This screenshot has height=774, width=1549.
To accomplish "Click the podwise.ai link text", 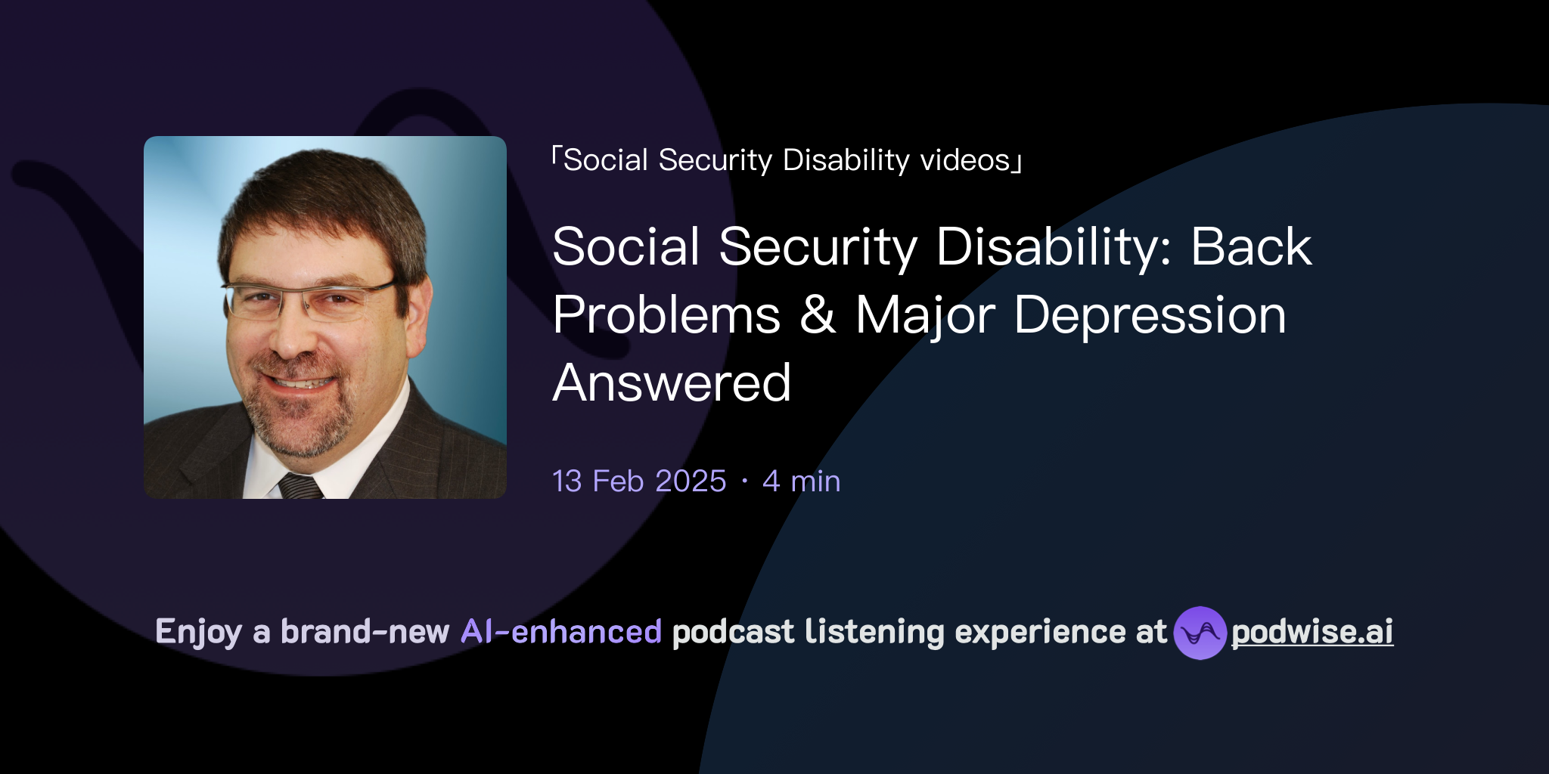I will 1312,632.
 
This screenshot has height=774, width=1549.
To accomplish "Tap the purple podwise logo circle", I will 1200,633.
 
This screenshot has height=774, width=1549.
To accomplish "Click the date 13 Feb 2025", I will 639,481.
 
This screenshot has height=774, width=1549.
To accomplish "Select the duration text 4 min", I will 802,481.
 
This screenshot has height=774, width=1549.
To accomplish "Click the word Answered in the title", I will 672,382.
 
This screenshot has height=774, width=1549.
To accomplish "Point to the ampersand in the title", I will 818,314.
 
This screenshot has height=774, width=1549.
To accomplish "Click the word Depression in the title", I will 1150,314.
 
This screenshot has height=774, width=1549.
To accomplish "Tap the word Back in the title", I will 1251,246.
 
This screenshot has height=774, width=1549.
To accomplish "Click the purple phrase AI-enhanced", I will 561,632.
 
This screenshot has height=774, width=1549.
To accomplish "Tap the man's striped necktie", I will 301,486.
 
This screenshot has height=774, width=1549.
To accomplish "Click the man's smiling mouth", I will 299,382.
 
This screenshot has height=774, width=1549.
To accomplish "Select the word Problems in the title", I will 666,314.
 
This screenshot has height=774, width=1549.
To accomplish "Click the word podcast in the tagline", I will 733,632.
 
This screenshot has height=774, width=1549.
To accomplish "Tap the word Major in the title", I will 925,314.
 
